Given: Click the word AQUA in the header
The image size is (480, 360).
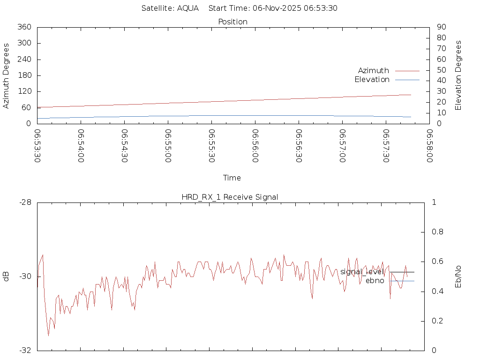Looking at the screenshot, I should pos(187,8).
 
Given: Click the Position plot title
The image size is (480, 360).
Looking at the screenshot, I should pos(233,22).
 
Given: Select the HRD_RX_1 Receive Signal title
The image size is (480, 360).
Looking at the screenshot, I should pos(230,197).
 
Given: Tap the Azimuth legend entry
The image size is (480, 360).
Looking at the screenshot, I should pos(374,71).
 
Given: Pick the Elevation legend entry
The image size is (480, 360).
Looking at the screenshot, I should pos(372,80).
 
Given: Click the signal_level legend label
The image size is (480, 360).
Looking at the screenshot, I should pos(362,272).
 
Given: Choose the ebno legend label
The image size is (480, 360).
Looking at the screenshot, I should pos(375,281).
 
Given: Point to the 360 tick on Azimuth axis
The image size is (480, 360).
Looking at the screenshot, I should pos(24,27).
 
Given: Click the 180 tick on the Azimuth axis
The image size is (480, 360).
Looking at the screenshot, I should pos(24,75).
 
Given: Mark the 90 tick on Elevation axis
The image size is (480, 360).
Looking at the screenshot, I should pos(441,27).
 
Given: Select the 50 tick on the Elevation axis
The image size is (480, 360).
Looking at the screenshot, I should pos(441,70).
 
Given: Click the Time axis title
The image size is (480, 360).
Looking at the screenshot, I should pos(232,178).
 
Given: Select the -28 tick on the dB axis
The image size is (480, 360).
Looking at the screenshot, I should pos(25,202).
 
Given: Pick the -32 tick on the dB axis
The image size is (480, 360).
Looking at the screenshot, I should pos(25,351).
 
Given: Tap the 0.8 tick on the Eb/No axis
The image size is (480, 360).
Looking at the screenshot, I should pos(437,232).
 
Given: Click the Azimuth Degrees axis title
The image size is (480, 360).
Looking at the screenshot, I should pos(7,75).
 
